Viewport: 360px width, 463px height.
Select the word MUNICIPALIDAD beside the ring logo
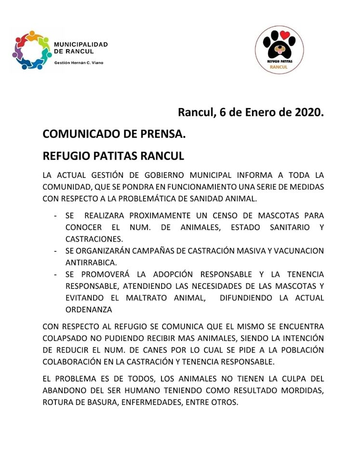coord(80,44)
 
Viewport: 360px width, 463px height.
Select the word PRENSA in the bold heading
coord(161,135)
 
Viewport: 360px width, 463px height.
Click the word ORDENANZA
coord(89,309)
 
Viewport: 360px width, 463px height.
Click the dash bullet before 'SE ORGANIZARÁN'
coord(56,251)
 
